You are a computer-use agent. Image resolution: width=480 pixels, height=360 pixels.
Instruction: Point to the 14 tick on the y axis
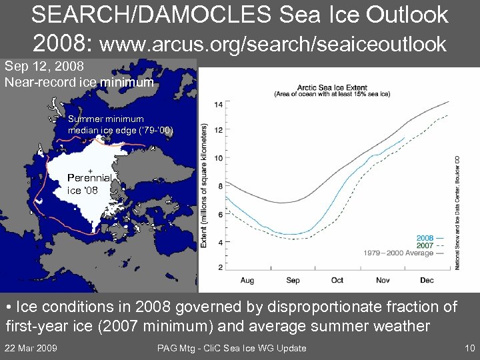219,105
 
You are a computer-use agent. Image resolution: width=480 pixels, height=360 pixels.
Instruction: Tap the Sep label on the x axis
292,281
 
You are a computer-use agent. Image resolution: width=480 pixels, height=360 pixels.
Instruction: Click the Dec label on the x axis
427,281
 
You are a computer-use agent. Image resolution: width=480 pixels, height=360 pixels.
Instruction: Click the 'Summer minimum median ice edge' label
120,125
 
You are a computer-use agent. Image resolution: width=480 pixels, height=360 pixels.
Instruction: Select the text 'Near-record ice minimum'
79,83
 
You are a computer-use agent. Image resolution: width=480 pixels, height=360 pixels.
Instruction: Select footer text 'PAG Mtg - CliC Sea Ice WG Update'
231,348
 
